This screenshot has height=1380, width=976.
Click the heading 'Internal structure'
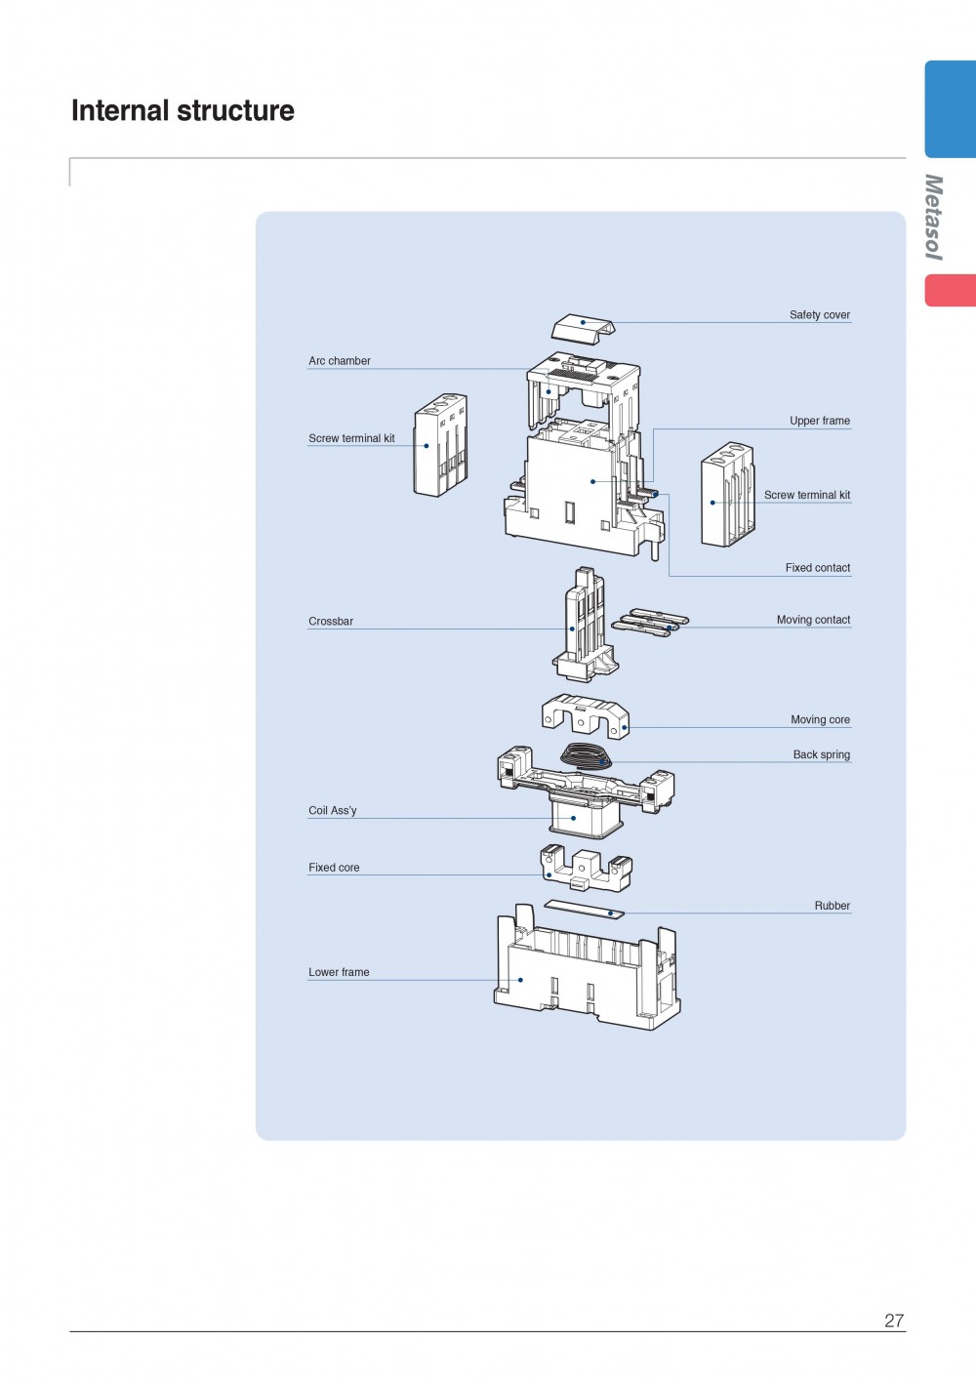[183, 111]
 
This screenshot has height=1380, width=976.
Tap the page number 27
[894, 1320]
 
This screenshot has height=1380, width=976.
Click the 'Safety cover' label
[819, 315]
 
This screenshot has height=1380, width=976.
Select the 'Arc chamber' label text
[340, 361]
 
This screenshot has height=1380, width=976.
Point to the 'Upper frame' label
[819, 421]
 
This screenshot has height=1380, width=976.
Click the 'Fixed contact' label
[817, 568]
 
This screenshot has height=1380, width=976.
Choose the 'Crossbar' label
[331, 622]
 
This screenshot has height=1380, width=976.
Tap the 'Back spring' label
[821, 754]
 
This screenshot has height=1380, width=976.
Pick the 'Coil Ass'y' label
[333, 811]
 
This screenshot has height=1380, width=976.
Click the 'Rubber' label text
[832, 906]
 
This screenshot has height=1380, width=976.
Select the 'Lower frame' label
[339, 972]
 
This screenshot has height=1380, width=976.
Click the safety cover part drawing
[584, 328]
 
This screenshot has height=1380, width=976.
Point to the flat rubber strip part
[584, 910]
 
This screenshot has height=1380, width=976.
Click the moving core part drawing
[586, 715]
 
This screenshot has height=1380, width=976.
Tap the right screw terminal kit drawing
[727, 495]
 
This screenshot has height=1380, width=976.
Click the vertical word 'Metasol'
[934, 217]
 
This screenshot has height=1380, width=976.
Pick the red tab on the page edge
[950, 291]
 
